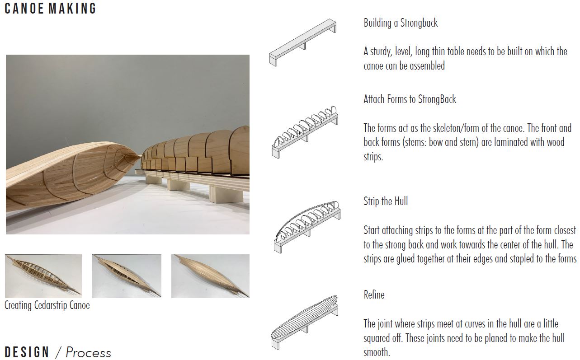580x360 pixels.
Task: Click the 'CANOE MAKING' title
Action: tap(50, 8)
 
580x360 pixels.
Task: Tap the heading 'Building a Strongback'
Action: tap(401, 23)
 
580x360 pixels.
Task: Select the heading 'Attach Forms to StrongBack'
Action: tap(410, 99)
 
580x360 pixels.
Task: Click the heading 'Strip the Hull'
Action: tap(386, 201)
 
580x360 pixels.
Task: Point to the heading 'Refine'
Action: tap(374, 295)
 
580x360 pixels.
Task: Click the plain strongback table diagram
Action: tap(303, 42)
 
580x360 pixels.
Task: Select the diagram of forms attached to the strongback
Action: tap(305, 132)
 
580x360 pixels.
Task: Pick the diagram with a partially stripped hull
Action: tap(307, 227)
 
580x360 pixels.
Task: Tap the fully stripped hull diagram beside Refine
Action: tap(305, 322)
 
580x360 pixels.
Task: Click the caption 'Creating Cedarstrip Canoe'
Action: tap(47, 305)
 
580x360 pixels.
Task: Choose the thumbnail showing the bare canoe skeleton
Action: tap(43, 276)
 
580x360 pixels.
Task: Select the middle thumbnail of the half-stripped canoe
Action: tap(127, 276)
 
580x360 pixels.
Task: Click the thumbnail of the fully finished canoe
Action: tap(210, 276)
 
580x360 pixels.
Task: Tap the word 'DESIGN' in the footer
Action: tap(27, 352)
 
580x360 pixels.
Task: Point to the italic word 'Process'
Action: tap(88, 352)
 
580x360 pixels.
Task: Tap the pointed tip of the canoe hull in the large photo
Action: tap(141, 156)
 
